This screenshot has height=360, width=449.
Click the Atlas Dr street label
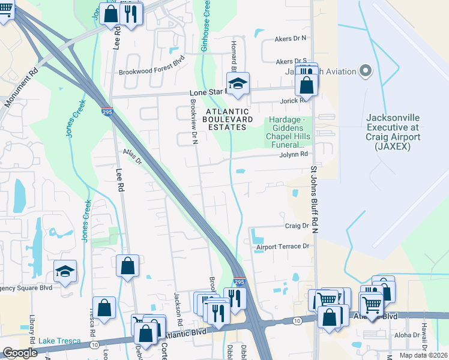click(132, 157)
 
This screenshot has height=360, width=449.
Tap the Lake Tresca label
click(59, 341)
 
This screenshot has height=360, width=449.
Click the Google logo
click(20, 353)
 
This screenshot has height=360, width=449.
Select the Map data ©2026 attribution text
click(424, 355)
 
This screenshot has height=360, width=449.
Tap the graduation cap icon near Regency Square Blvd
click(65, 271)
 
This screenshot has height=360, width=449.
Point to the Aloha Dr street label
click(407, 335)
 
